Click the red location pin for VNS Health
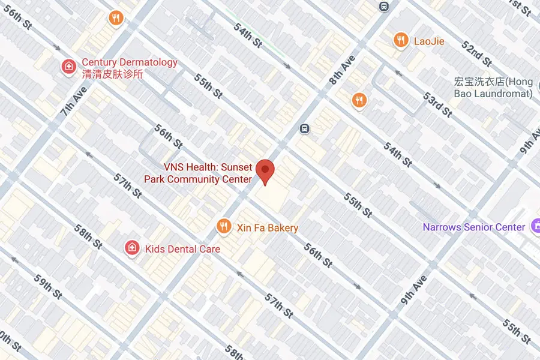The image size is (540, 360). click(x=265, y=170)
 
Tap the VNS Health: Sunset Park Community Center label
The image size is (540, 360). click(x=198, y=173)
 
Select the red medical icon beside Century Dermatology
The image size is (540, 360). click(x=69, y=65)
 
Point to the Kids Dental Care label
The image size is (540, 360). click(x=182, y=249)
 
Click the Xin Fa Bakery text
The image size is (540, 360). click(x=267, y=228)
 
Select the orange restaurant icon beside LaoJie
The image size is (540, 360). click(x=401, y=40)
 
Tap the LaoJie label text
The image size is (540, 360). click(x=429, y=41)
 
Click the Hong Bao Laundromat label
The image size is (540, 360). click(x=494, y=87)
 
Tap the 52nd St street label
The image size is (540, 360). click(x=477, y=54)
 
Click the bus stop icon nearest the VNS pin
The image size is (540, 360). click(x=305, y=128)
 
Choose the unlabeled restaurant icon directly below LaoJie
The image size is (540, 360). click(x=359, y=100)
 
